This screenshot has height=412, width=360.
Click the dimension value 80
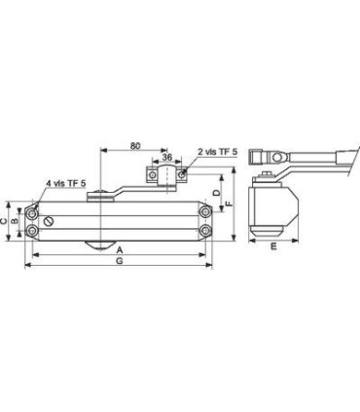[135, 145]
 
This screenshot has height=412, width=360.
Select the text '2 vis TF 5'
[217, 153]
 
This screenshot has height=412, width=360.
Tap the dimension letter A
[120, 250]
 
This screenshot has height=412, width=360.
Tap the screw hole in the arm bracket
[182, 177]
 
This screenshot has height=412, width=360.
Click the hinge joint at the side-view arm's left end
[257, 157]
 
